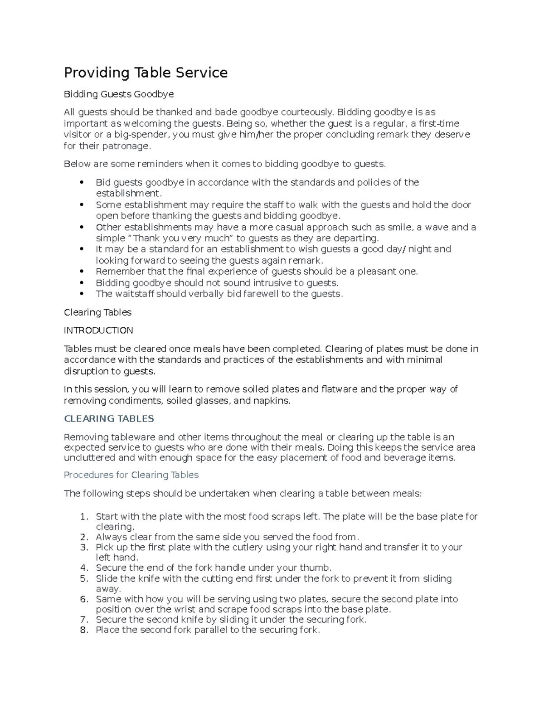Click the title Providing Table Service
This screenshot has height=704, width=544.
tap(146, 73)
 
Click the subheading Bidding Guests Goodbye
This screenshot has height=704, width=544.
tap(118, 94)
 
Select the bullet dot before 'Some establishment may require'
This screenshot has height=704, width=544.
tap(82, 205)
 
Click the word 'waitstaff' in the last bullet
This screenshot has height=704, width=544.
tap(136, 294)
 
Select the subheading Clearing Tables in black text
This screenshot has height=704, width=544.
tap(97, 312)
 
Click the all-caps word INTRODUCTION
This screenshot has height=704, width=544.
tap(98, 330)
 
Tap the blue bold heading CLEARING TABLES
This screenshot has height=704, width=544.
tap(109, 418)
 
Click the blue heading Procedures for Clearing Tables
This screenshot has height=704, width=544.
tap(131, 475)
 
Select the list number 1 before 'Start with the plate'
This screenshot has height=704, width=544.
tap(83, 517)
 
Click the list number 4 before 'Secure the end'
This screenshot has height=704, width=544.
tap(83, 568)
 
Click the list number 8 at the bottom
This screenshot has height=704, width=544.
tap(83, 630)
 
